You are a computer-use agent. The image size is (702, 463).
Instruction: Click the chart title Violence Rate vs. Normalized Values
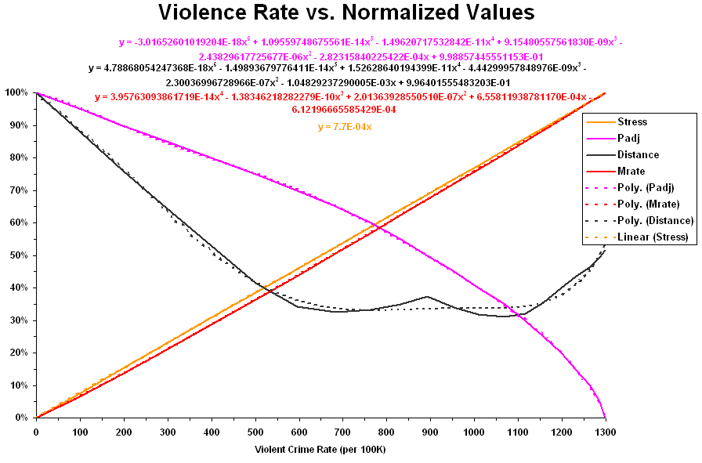[x=346, y=13]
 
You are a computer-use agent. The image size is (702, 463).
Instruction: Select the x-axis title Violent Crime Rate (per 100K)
[x=320, y=450]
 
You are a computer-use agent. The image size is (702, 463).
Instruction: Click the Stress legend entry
[x=632, y=121]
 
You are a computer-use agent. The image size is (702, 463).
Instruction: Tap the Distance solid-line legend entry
[x=638, y=154]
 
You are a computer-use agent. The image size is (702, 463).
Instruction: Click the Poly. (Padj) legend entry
[x=646, y=187]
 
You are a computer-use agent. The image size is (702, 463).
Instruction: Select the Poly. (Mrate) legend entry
[x=647, y=204]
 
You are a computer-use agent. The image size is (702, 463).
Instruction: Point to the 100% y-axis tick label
[x=16, y=92]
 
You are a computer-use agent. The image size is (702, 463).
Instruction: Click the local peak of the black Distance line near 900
[x=426, y=296]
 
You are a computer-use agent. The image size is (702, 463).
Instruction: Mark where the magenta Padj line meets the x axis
[x=605, y=417]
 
